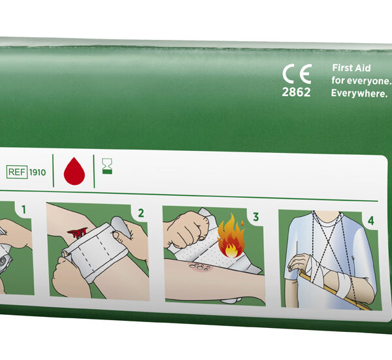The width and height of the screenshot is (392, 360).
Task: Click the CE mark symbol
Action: coord(297,74)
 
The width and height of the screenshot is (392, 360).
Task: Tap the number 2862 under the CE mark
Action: coord(296,92)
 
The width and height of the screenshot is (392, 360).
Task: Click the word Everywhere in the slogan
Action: coord(359,93)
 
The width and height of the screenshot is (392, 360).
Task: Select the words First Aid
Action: coord(351,68)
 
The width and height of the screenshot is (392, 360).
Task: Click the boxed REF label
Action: coord(17,172)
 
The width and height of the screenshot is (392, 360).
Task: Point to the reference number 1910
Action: coord(37,172)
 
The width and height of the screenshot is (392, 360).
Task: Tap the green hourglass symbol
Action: coord(107,166)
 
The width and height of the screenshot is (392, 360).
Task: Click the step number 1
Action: coord(24,210)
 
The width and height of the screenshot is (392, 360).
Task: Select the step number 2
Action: coord(141,213)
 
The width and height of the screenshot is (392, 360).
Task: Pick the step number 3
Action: coord(255,217)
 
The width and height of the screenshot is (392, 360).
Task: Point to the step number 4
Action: coord(370,221)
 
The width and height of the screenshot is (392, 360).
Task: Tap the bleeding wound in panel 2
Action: coord(78,233)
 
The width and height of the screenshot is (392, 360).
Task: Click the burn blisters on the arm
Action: coord(200,267)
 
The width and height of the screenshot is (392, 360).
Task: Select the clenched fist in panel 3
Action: coord(186,229)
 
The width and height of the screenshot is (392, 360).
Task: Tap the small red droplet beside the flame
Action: coord(242,223)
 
